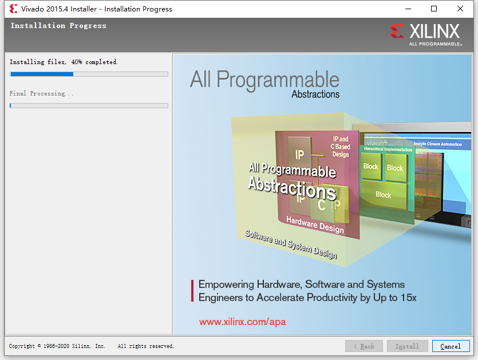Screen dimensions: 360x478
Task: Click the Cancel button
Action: pyautogui.click(x=451, y=346)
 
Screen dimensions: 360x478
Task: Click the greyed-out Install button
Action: pyautogui.click(x=407, y=346)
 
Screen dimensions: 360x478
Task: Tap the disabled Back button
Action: pyautogui.click(x=364, y=346)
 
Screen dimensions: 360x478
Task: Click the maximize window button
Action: pyautogui.click(x=434, y=9)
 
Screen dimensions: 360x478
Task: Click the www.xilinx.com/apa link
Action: pyautogui.click(x=242, y=322)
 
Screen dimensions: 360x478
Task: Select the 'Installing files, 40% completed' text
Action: pyautogui.click(x=64, y=62)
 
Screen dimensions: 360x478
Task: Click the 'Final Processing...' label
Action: pyautogui.click(x=42, y=93)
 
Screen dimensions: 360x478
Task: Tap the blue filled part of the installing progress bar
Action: pyautogui.click(x=41, y=74)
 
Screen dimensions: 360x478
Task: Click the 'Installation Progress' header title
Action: pyautogui.click(x=58, y=26)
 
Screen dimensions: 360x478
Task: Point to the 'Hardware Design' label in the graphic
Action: pyautogui.click(x=315, y=226)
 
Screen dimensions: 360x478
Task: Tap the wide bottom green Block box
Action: pyautogui.click(x=384, y=195)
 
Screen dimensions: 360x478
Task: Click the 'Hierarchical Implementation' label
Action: pyautogui.click(x=388, y=149)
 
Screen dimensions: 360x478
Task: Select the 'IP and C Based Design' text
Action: pyautogui.click(x=340, y=147)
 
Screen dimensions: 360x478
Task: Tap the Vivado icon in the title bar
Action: pyautogui.click(x=13, y=9)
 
